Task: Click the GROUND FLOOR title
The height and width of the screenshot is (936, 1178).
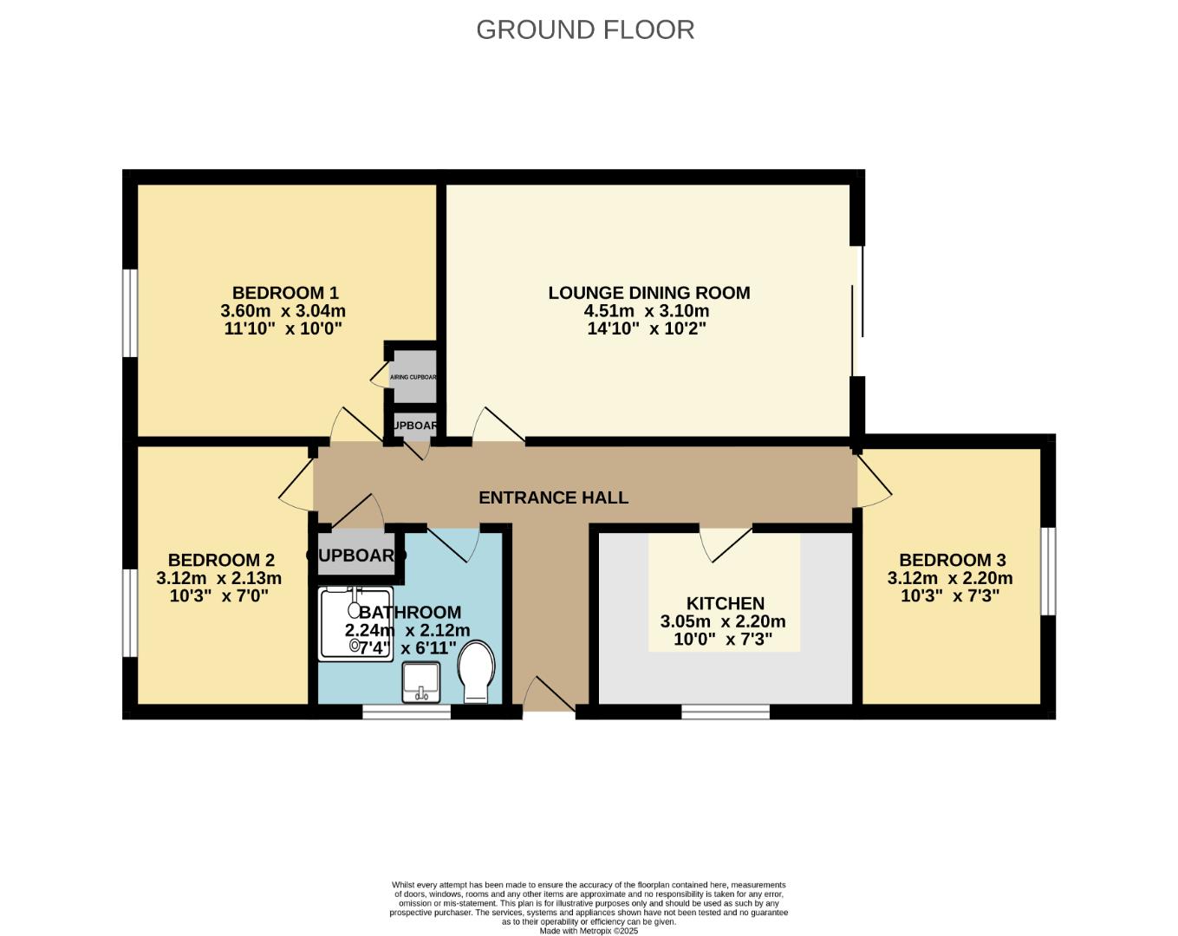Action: [585, 29]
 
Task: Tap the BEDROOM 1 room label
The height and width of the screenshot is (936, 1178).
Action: [284, 293]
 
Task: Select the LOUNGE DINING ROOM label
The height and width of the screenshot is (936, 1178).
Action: [648, 293]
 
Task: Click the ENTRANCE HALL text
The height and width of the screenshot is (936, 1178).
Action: [553, 497]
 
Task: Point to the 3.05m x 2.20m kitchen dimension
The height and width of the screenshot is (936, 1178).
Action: [723, 621]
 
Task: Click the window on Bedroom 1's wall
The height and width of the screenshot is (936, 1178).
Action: [130, 312]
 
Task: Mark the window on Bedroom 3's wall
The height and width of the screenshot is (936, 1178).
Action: [1048, 570]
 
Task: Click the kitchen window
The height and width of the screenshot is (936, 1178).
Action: [726, 712]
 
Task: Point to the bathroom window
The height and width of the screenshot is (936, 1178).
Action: [407, 712]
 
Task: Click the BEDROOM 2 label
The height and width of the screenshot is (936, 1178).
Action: [221, 560]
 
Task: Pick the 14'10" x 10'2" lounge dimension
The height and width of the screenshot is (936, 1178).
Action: [647, 328]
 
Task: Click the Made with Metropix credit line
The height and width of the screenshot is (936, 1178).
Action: [589, 931]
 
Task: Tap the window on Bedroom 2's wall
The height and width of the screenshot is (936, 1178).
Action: [130, 613]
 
